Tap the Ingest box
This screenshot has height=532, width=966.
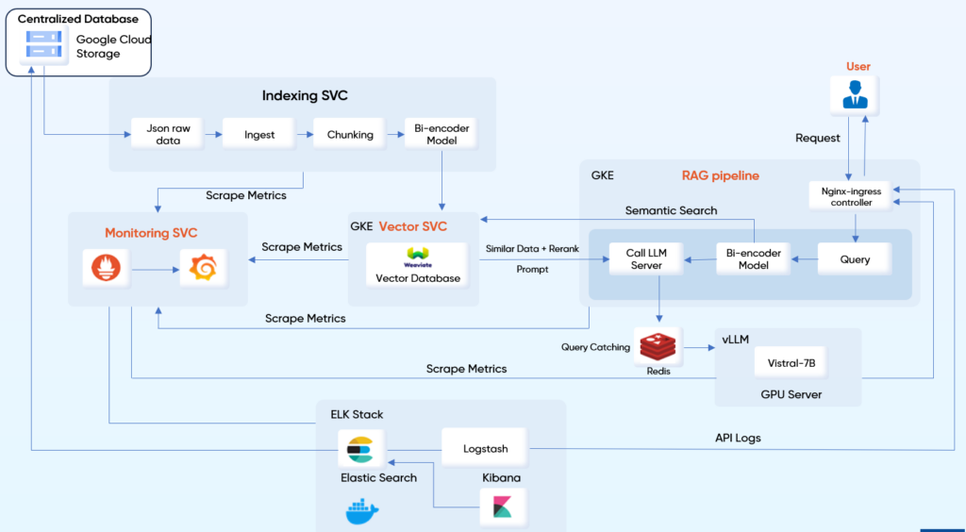click(259, 134)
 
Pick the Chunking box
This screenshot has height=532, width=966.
click(350, 134)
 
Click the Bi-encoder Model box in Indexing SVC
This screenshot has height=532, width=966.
click(441, 134)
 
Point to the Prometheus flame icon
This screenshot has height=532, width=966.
click(101, 270)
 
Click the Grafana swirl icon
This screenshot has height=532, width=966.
click(202, 270)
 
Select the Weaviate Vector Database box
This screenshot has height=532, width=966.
click(418, 265)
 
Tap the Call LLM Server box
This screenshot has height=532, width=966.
click(646, 258)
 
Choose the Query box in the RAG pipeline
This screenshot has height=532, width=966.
click(855, 258)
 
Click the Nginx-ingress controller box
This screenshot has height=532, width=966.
click(851, 196)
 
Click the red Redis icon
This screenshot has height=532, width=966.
click(658, 347)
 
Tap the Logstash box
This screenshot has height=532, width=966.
click(484, 448)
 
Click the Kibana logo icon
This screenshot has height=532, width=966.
click(502, 507)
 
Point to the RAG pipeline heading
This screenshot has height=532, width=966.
click(720, 175)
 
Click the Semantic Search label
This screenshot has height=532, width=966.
click(671, 210)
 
